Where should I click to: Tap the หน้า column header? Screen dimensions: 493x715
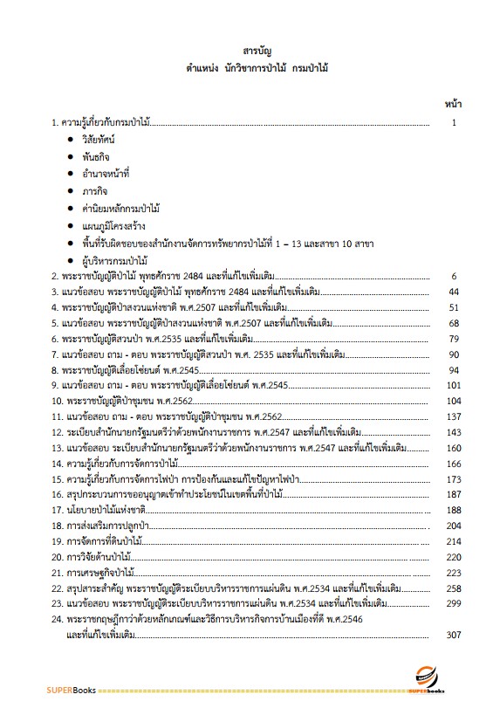[x=453, y=103]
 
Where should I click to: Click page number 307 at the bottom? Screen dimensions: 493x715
[x=452, y=634]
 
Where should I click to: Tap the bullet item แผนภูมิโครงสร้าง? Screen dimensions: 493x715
[x=113, y=225]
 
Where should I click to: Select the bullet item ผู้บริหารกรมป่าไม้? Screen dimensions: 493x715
[x=113, y=259]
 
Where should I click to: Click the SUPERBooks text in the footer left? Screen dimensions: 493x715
[x=72, y=690]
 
